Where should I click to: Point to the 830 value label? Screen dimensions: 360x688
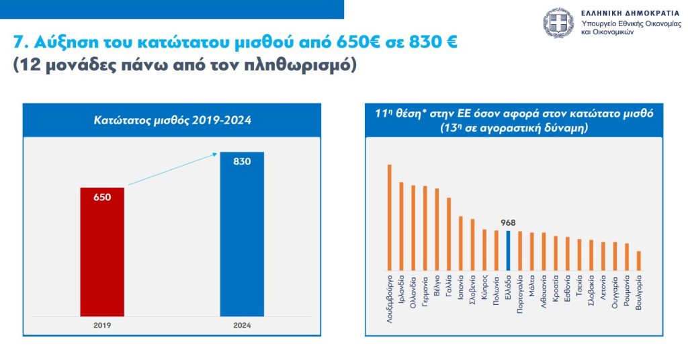(x=242, y=161)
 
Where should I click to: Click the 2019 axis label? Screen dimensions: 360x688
(x=102, y=324)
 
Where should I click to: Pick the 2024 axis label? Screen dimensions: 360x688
(x=242, y=324)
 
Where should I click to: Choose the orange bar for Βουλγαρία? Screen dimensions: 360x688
(x=638, y=260)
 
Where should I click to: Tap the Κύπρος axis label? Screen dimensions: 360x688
(x=484, y=287)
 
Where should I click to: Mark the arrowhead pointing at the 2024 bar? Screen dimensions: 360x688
(x=215, y=154)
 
